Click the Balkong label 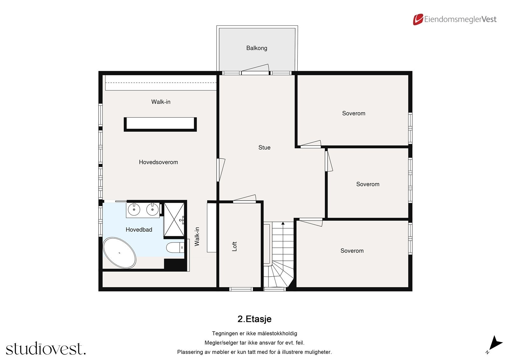click(x=256, y=48)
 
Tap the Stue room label click(x=264, y=147)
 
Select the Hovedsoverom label click(x=158, y=162)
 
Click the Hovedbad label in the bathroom click(x=139, y=229)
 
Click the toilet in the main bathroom click(x=175, y=247)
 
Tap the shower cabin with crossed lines click(x=174, y=220)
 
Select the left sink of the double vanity click(x=134, y=209)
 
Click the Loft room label click(x=234, y=246)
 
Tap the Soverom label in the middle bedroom click(x=367, y=184)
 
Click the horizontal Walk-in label click(x=161, y=102)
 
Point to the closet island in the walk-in click(x=160, y=124)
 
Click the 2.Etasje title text click(x=254, y=319)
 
